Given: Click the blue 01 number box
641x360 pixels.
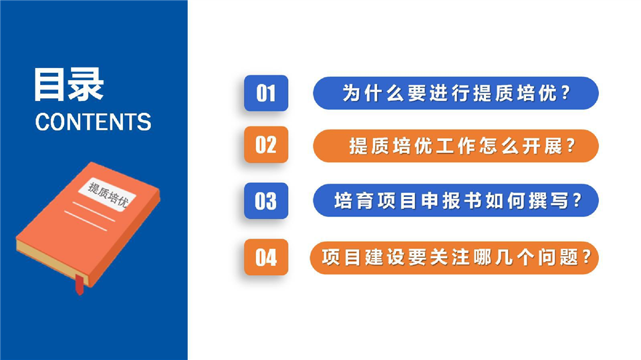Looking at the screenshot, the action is click(266, 93).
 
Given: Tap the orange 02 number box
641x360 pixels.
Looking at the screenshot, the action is click(266, 145).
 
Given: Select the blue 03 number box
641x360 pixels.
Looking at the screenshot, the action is click(266, 200).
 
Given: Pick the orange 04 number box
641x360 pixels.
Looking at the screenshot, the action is click(266, 257).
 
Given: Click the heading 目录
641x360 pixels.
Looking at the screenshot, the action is click(68, 85).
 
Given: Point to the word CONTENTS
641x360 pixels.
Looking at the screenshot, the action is click(93, 122).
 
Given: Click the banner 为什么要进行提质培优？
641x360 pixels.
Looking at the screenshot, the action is click(456, 93).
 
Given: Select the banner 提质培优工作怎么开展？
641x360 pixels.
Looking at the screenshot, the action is click(456, 146).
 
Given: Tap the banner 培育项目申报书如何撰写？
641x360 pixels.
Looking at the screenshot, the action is click(456, 200).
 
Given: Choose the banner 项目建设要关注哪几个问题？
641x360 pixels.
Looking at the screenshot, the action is click(454, 257).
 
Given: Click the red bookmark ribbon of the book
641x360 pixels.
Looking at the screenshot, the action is click(80, 285).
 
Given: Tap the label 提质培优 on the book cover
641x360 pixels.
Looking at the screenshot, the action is click(108, 194).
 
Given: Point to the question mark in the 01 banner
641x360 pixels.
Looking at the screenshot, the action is click(565, 93).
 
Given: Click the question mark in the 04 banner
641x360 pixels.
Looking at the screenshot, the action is click(586, 257).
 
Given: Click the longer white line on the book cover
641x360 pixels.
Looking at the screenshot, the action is click(86, 221).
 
